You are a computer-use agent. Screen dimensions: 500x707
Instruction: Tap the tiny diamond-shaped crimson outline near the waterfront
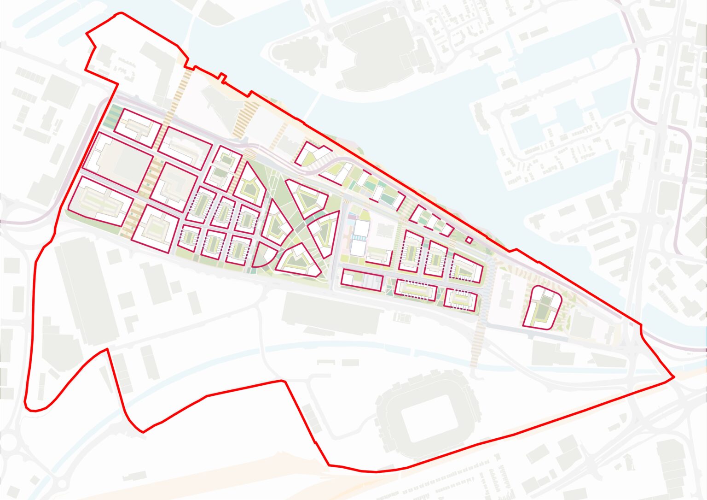pyautogui.click(x=469, y=240)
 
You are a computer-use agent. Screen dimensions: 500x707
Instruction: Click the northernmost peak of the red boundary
pyautogui.click(x=121, y=13)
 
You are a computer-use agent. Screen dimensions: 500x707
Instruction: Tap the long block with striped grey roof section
pyautogui.click(x=362, y=280)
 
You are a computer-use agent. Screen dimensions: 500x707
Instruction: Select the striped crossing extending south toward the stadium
pyautogui.click(x=479, y=341)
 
